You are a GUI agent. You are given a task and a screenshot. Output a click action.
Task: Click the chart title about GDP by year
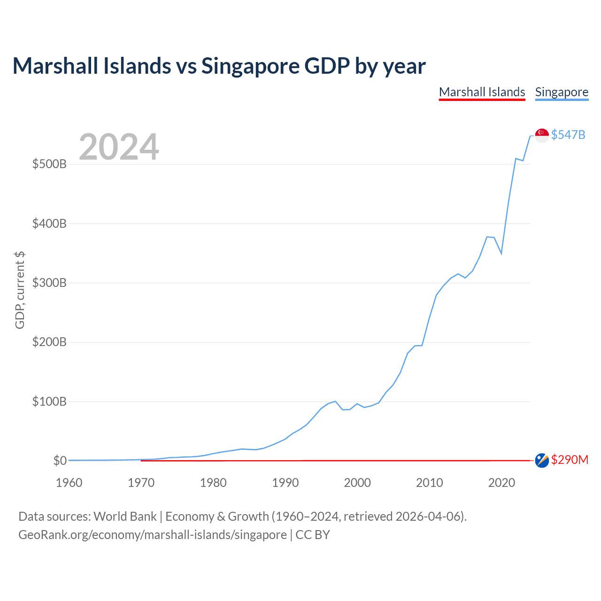[219, 66]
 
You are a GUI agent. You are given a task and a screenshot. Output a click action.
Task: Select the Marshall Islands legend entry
[482, 92]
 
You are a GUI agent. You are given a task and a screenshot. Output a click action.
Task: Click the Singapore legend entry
[562, 92]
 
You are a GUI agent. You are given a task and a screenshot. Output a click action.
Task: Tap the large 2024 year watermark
[119, 147]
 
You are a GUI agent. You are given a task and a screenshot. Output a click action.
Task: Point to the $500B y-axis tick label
[49, 164]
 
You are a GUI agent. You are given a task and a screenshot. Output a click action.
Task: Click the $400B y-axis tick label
[49, 223]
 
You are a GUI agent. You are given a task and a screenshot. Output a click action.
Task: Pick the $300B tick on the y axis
[49, 283]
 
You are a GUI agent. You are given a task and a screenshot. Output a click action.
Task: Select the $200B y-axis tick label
[49, 342]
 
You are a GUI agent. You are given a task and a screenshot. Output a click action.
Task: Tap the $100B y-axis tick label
[49, 401]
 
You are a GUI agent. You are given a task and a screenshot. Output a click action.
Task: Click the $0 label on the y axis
[60, 461]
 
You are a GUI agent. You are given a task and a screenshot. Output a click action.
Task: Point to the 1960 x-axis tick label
[69, 483]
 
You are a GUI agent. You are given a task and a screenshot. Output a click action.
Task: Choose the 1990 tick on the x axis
[285, 483]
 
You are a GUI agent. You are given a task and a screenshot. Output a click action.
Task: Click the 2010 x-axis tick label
[430, 483]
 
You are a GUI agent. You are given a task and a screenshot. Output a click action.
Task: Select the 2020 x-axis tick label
[501, 483]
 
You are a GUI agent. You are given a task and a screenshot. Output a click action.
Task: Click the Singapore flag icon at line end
[542, 135]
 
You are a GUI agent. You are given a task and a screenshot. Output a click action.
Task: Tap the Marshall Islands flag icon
[542, 461]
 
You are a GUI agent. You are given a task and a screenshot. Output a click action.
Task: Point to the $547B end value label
[568, 135]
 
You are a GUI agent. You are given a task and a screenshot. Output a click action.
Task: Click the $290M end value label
[570, 460]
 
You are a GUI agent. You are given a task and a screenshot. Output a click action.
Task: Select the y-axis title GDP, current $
[20, 290]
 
